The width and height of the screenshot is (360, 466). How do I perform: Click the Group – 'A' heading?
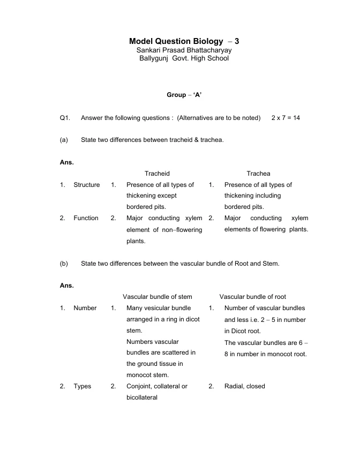click(184, 95)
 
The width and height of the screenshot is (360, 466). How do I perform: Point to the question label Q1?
click(65, 117)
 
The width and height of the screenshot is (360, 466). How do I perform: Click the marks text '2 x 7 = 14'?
click(286, 117)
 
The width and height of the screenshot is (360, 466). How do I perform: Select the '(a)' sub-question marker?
click(64, 140)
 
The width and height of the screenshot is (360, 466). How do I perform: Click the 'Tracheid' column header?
click(157, 174)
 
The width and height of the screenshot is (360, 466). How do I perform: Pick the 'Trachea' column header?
click(258, 174)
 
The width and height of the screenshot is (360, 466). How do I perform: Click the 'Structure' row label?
click(87, 185)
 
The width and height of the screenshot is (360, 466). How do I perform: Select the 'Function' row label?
click(86, 218)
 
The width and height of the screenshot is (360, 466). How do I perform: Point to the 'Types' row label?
click(82, 386)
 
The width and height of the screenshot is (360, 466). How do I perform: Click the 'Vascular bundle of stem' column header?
click(157, 297)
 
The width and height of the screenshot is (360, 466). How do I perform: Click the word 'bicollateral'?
click(142, 397)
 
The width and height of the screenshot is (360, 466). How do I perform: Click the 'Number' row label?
click(85, 308)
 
